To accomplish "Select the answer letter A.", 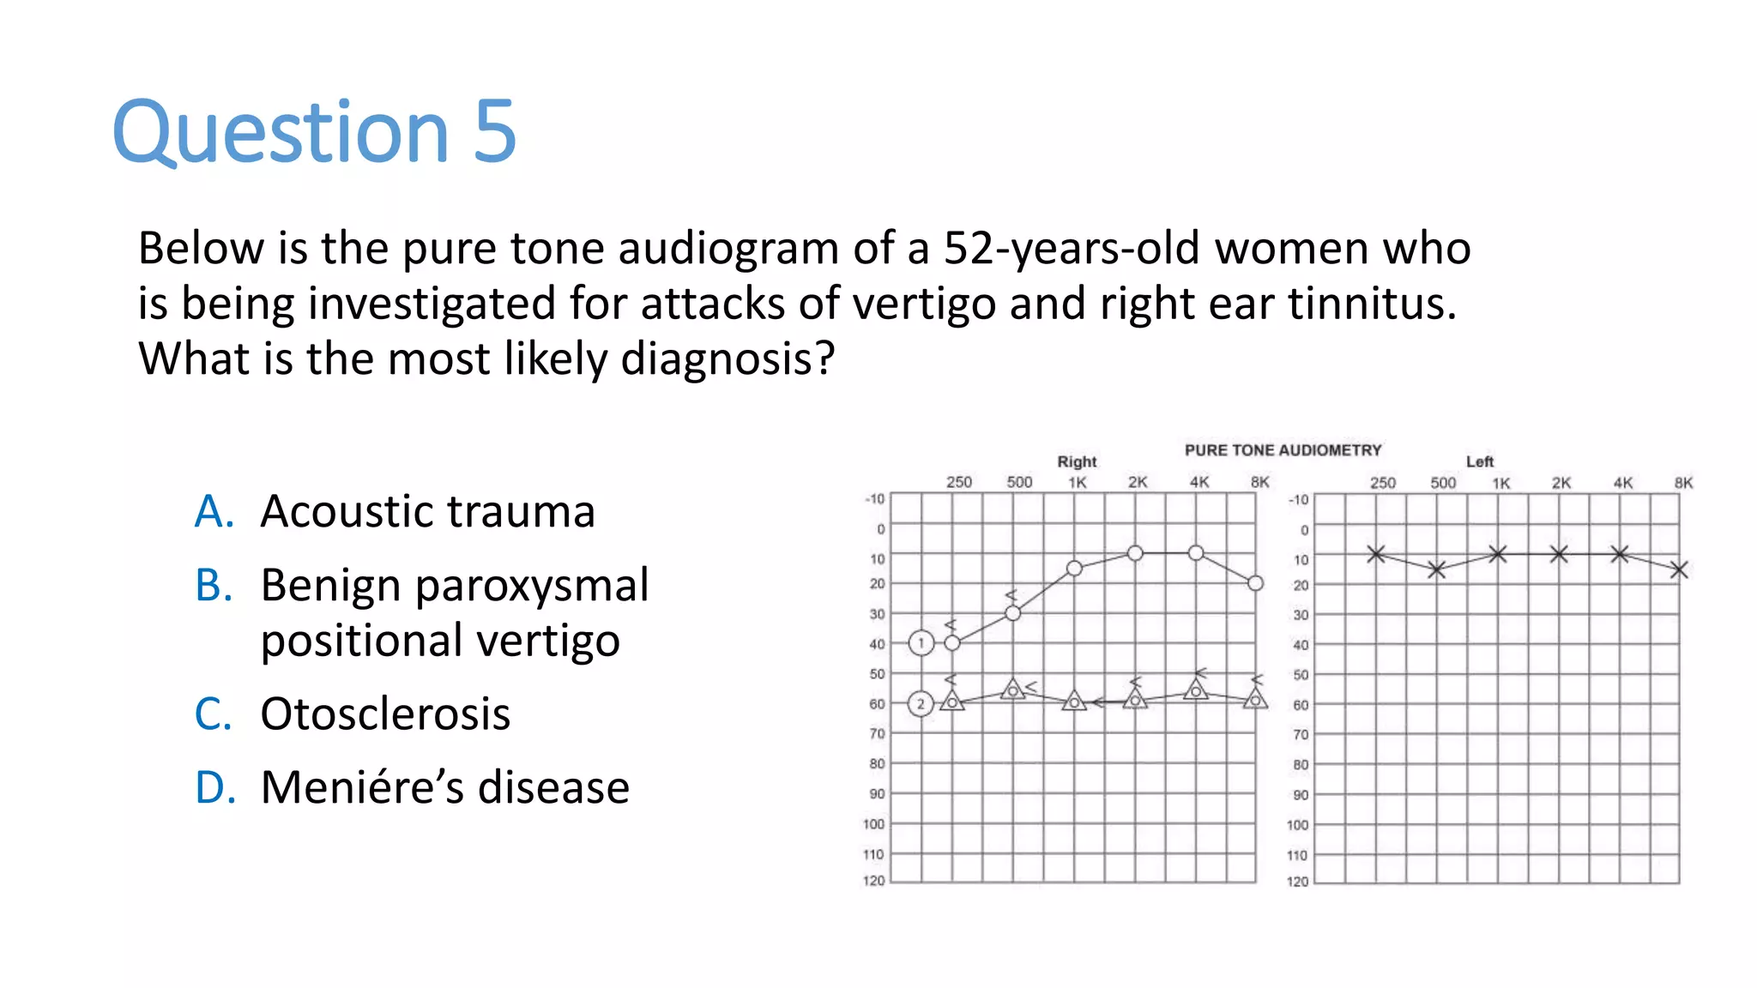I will click(x=214, y=512).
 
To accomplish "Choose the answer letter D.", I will click(x=215, y=787).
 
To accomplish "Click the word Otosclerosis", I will click(x=385, y=714).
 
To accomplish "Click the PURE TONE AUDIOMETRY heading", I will click(x=1283, y=450).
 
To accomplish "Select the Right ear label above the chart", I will click(x=1077, y=461).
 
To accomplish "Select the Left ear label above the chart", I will click(x=1479, y=461).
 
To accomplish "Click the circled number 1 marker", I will click(x=921, y=642).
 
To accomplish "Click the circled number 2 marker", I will click(x=921, y=704).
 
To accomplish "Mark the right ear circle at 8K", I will click(x=1255, y=583).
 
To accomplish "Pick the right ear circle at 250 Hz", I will click(x=952, y=642).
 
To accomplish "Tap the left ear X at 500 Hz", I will click(x=1437, y=569).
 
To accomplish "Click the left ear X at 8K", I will click(x=1679, y=569).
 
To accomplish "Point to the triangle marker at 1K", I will click(x=1074, y=702).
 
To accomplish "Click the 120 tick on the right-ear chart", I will click(x=873, y=881).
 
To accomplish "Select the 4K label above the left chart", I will click(x=1622, y=483).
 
